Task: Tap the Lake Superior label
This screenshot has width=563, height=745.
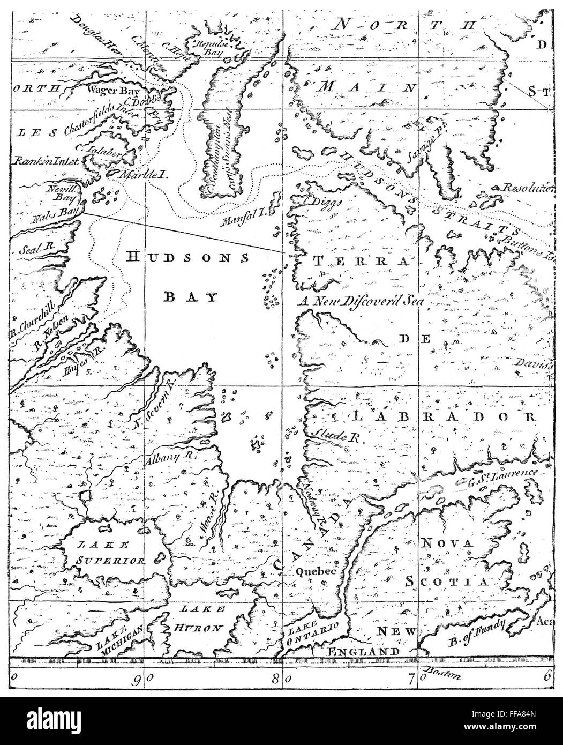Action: pos(110,554)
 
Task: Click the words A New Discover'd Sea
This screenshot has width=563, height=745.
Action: pos(362,301)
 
